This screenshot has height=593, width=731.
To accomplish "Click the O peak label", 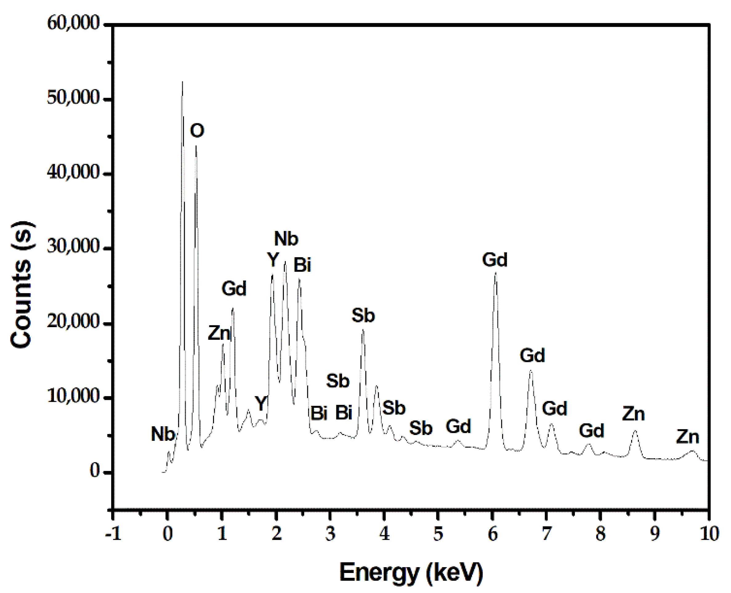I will [197, 131].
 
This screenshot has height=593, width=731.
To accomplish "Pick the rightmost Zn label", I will [688, 437].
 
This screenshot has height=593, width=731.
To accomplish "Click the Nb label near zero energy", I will [163, 434].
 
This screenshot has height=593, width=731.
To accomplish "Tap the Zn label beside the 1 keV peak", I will [219, 333].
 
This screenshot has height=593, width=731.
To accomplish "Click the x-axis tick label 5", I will [438, 534].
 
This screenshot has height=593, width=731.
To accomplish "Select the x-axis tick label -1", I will [113, 534].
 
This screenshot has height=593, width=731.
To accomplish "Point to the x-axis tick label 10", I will [709, 534].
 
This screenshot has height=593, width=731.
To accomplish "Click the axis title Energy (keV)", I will [411, 572].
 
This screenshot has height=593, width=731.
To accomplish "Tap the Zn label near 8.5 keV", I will [633, 414].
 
